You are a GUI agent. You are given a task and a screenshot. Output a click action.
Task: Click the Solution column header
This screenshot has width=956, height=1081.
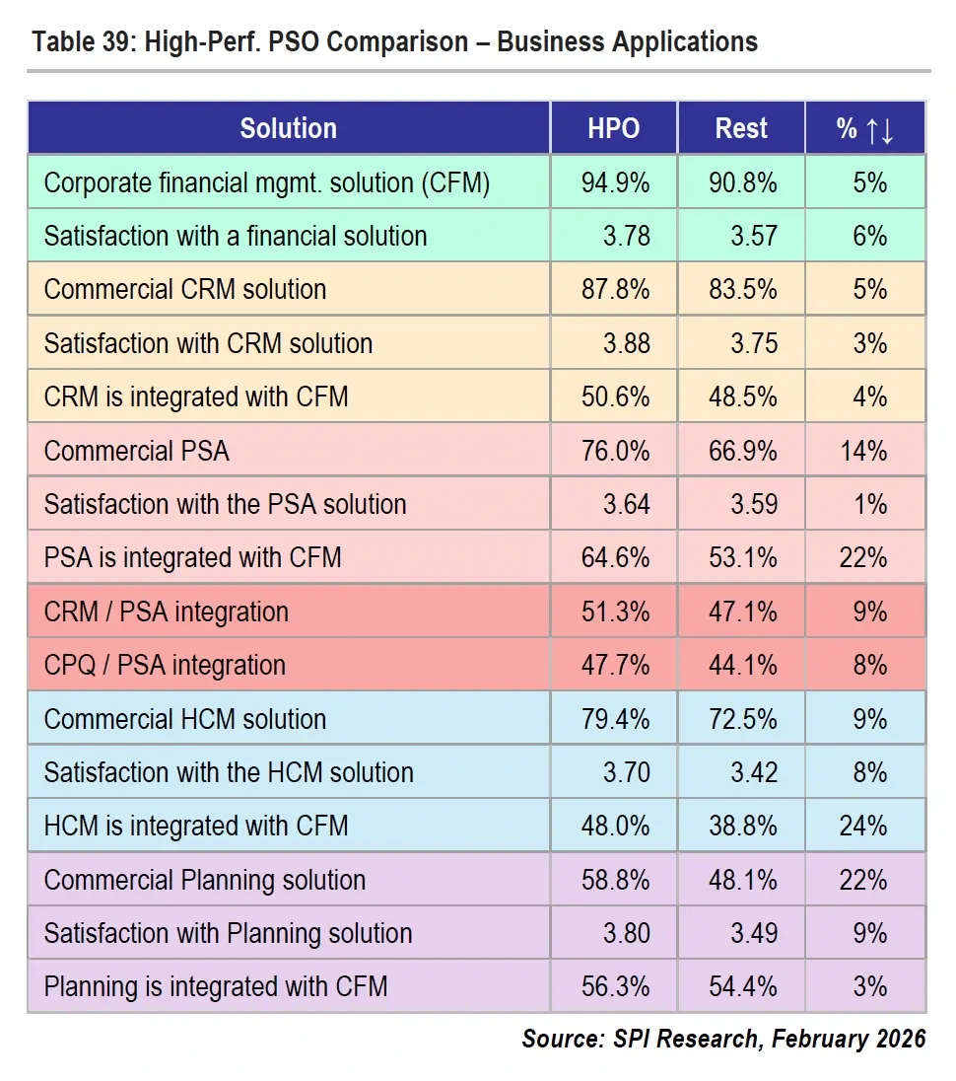(x=288, y=128)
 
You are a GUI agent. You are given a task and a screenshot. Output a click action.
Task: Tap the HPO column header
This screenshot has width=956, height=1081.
(x=613, y=128)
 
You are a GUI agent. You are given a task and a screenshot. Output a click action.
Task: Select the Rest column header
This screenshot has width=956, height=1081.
(x=741, y=128)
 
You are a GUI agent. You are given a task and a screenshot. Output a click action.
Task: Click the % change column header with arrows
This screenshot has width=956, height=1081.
(x=865, y=128)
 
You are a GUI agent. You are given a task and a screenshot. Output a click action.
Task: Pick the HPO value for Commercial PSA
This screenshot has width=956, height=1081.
(x=613, y=452)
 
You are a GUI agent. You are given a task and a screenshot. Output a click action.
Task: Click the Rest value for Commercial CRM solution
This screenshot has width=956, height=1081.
(x=741, y=290)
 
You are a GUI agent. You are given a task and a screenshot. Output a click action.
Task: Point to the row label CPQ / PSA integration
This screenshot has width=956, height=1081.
(x=165, y=665)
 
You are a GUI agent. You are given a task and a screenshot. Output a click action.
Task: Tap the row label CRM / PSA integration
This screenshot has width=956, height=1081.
(x=167, y=612)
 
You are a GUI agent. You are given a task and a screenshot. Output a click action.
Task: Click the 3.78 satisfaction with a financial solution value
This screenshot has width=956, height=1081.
(x=626, y=237)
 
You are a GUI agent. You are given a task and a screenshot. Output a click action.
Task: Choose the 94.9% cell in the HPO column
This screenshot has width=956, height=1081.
(x=613, y=183)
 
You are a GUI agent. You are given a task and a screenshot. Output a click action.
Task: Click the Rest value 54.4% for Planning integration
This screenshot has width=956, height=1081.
(x=741, y=986)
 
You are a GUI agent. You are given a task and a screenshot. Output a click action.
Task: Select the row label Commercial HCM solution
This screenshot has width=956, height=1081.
(x=185, y=719)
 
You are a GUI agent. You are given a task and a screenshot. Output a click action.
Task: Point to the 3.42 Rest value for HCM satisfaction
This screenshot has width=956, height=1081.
(x=754, y=772)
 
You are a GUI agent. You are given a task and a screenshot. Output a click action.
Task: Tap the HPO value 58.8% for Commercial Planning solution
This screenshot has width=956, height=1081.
(x=613, y=880)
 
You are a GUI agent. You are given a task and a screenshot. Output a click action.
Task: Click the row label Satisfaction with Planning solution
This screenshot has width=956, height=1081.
(x=228, y=933)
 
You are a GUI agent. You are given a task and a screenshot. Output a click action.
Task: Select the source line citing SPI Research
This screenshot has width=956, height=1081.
(x=723, y=1039)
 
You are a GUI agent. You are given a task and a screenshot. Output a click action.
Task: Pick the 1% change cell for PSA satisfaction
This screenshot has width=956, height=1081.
(x=870, y=505)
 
